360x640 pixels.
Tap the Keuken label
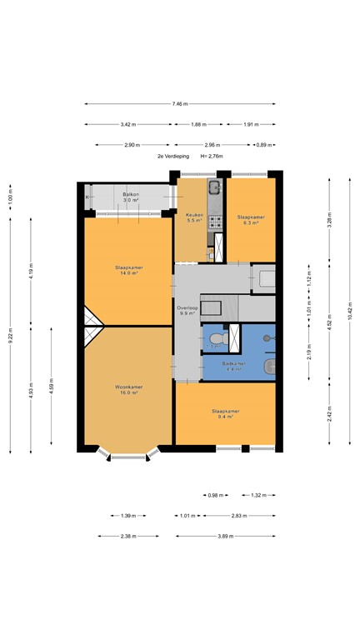[193, 214]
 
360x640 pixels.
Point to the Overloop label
[187, 307]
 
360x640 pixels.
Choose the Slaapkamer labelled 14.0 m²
[129, 267]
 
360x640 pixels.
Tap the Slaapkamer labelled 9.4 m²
[226, 411]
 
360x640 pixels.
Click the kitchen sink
[214, 187]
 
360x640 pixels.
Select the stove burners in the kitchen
[214, 222]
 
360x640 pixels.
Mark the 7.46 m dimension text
[180, 104]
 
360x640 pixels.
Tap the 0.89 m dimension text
[262, 145]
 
